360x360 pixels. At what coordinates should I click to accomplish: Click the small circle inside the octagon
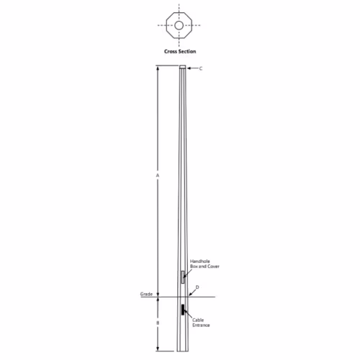(x=179, y=25)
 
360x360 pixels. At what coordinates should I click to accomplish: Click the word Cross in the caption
(x=171, y=51)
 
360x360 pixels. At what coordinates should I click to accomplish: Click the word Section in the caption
(x=187, y=51)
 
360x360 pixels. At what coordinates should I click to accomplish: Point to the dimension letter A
(x=158, y=176)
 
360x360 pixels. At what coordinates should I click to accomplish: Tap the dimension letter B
(x=158, y=323)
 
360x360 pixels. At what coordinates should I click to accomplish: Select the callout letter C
(x=201, y=68)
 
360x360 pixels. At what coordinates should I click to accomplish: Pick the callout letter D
(x=197, y=287)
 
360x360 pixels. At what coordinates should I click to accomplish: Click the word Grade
(x=146, y=294)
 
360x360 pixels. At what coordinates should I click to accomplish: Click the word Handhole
(x=200, y=261)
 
